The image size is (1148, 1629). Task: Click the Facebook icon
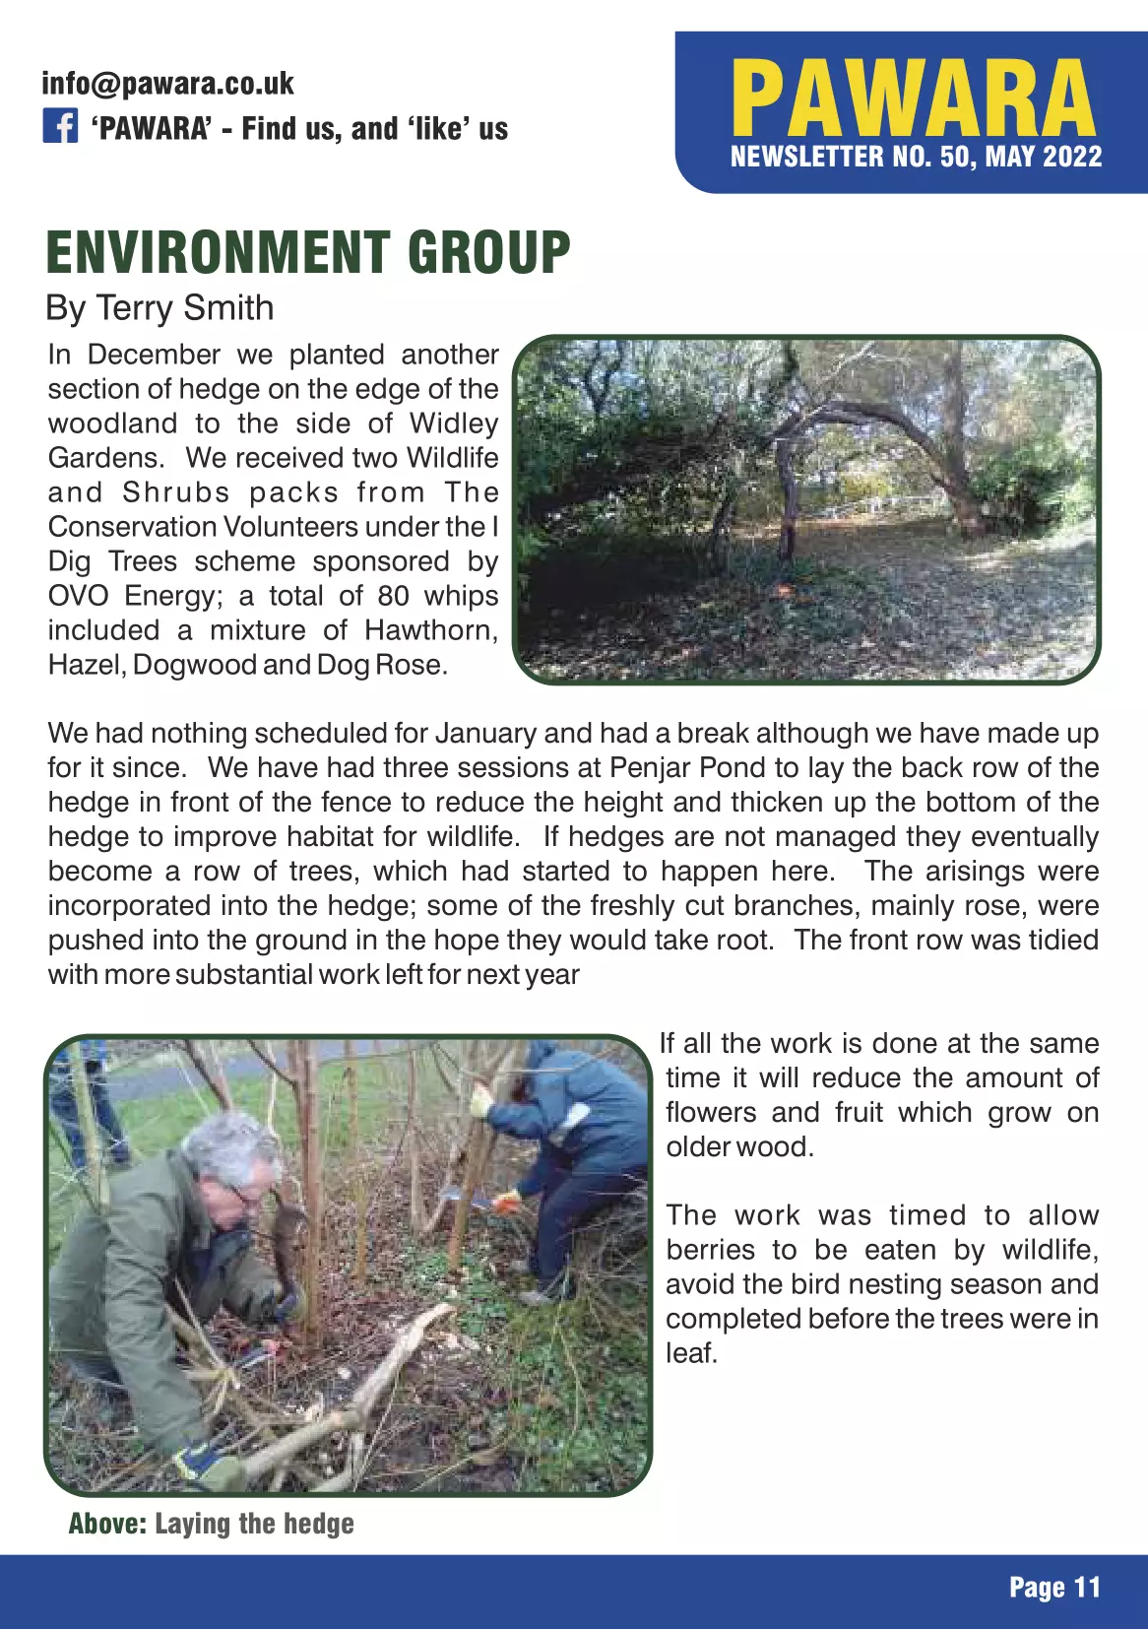click(x=60, y=127)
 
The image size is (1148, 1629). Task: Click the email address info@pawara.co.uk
click(x=167, y=84)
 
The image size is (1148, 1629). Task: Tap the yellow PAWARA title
click(x=913, y=98)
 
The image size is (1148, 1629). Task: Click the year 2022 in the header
click(x=1071, y=157)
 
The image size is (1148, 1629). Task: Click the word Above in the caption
click(x=107, y=1524)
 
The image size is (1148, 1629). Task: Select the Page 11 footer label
click(x=1054, y=1587)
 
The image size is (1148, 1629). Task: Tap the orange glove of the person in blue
click(x=506, y=1201)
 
